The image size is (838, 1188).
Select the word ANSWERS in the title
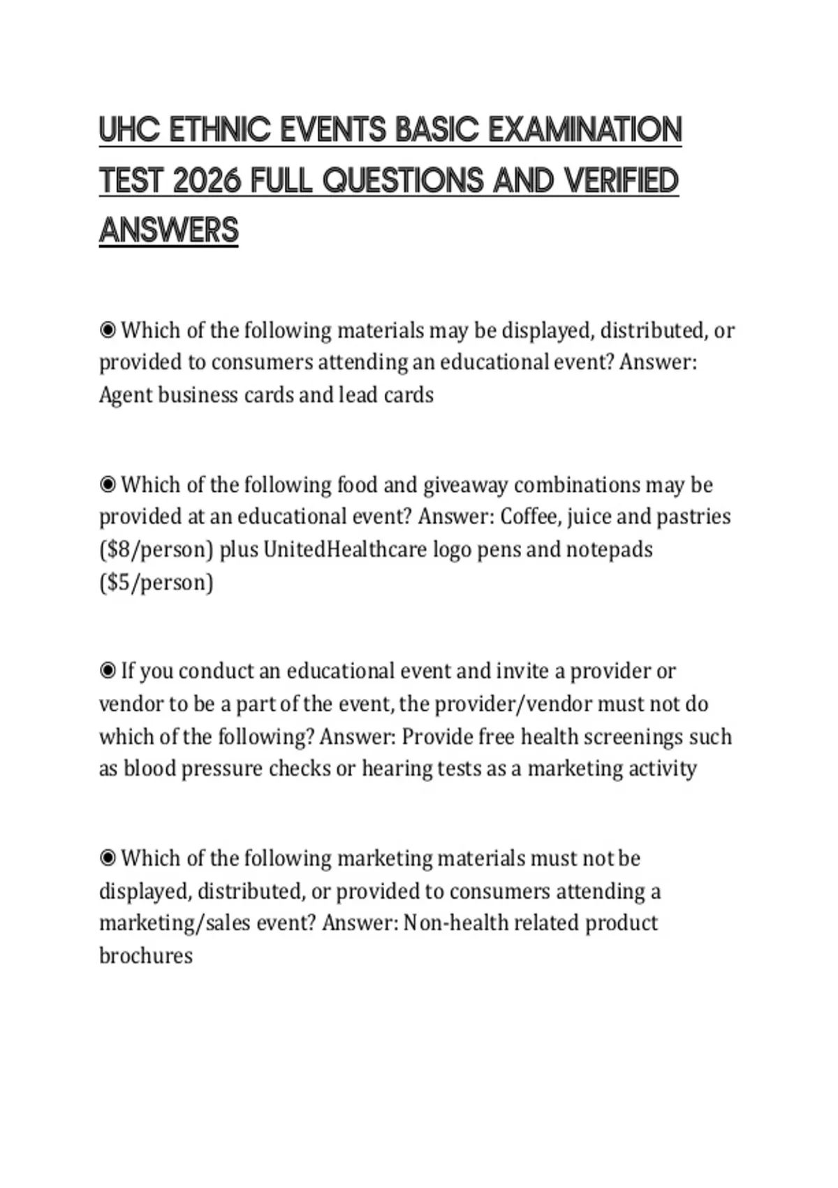[169, 231]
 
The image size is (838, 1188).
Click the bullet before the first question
[108, 330]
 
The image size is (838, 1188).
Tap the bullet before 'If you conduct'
[108, 671]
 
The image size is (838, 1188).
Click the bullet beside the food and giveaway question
[108, 484]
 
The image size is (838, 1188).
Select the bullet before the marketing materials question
[108, 858]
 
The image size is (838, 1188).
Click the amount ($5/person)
[156, 583]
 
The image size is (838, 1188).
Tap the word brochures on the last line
[146, 956]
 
